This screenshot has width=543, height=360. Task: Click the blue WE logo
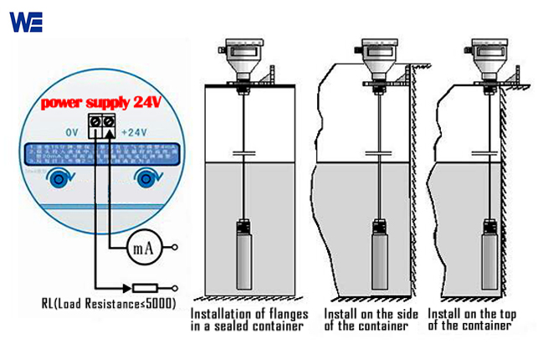click(x=25, y=21)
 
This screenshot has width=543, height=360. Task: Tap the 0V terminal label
click(x=72, y=132)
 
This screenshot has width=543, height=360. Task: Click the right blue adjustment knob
click(x=150, y=177)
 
